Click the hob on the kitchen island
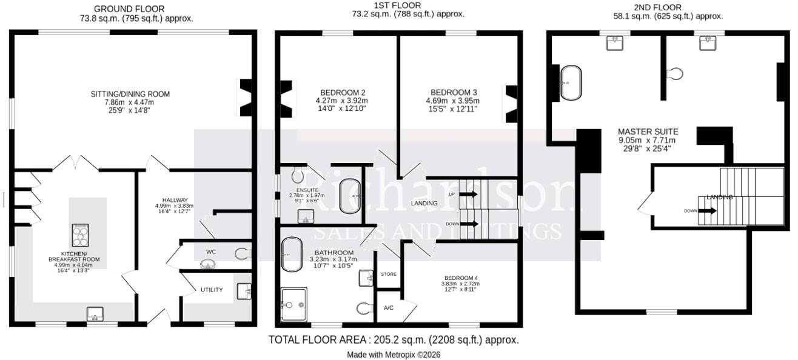80,233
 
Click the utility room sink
245,292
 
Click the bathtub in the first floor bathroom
292,254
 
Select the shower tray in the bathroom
294,304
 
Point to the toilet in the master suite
674,74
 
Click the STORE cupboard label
388,275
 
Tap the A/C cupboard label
389,307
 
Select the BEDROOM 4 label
461,278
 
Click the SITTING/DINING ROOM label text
130,94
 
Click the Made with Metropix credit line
394,355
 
